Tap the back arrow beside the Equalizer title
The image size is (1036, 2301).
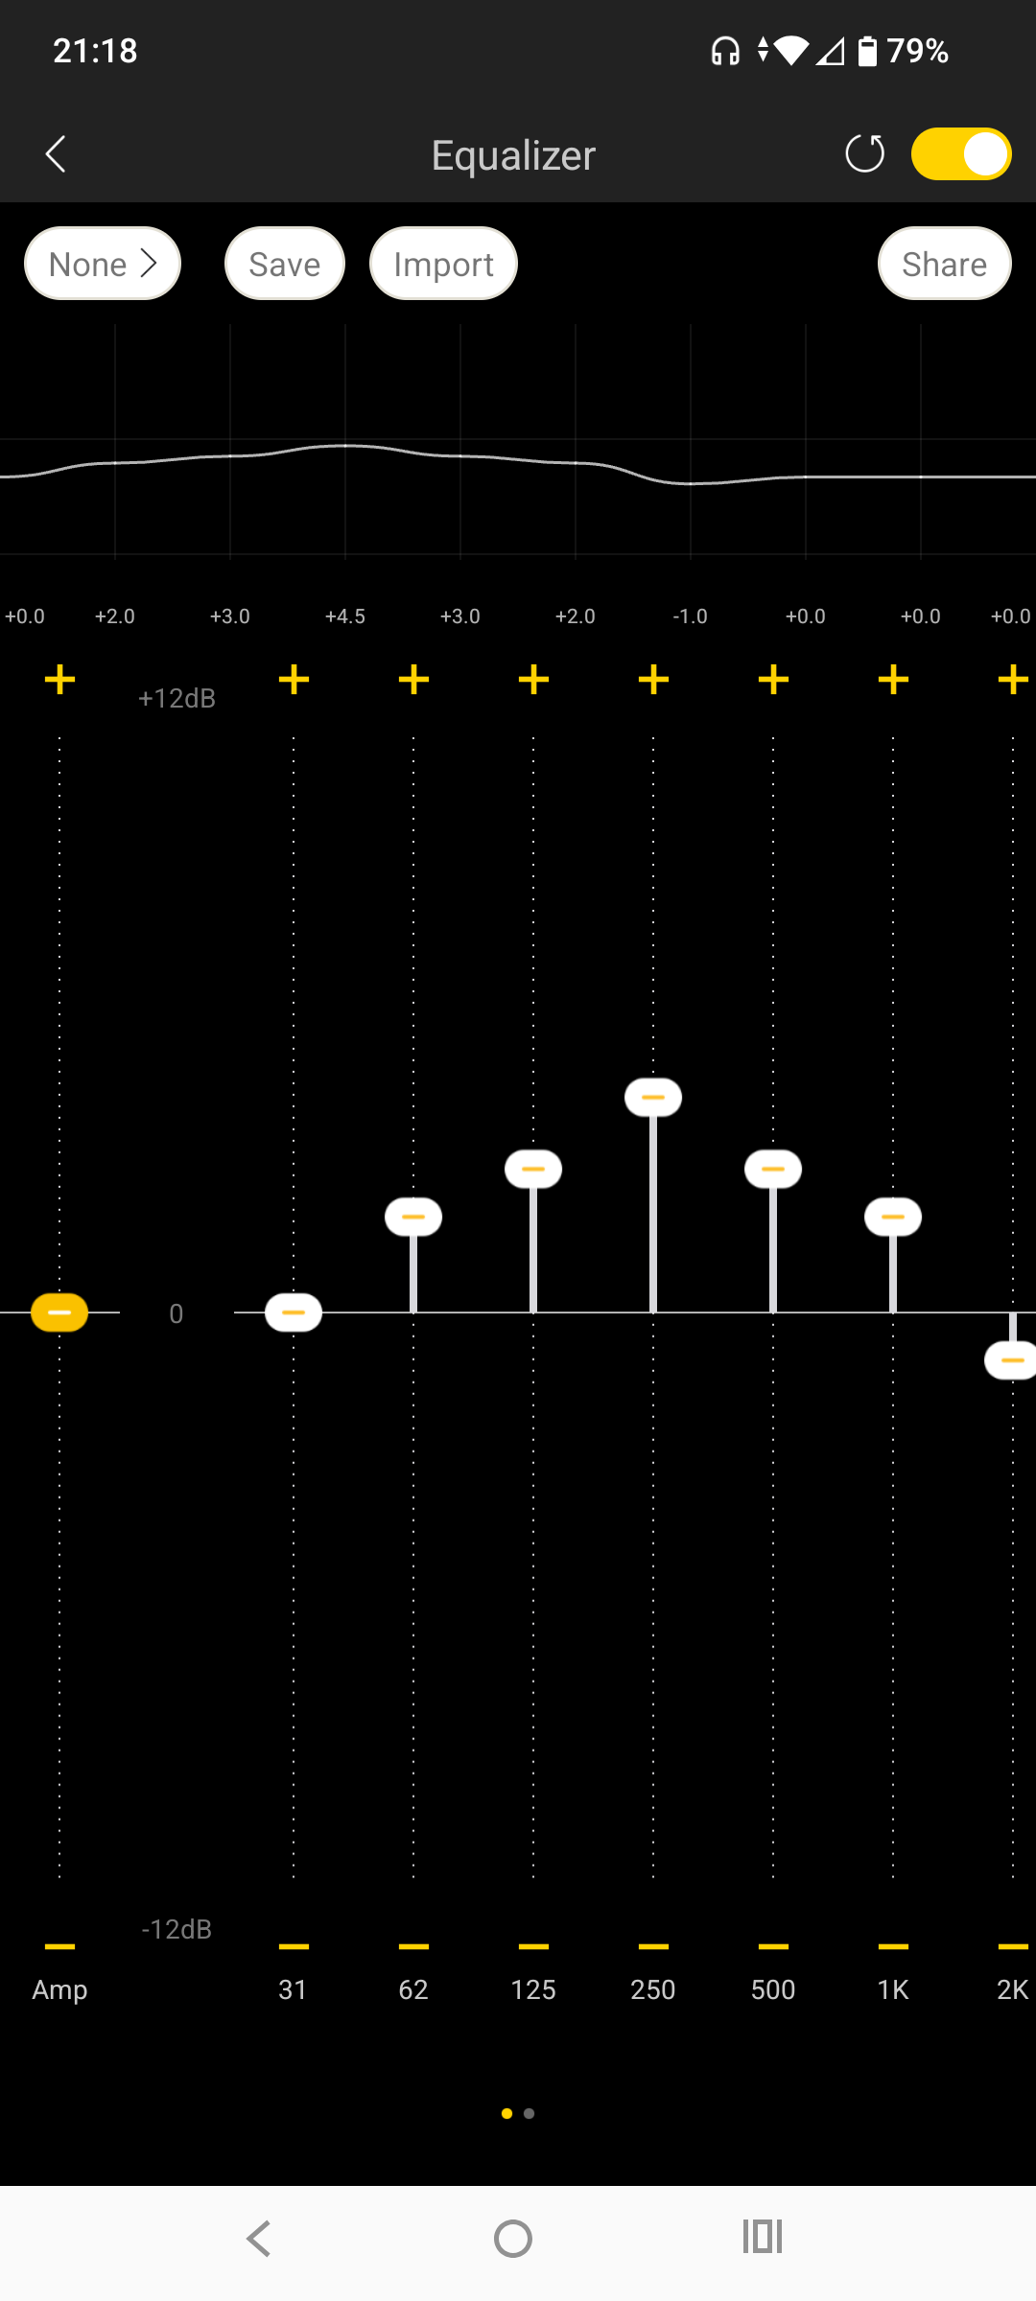pyautogui.click(x=56, y=154)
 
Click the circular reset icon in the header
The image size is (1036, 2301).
pyautogui.click(x=864, y=154)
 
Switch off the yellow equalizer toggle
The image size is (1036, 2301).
pyautogui.click(x=961, y=154)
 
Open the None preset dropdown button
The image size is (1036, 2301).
pyautogui.click(x=103, y=264)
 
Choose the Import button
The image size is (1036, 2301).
pyautogui.click(x=443, y=264)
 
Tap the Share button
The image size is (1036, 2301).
pyautogui.click(x=944, y=264)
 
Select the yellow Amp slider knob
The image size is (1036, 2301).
pyautogui.click(x=59, y=1313)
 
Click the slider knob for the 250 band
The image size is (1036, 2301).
pyautogui.click(x=653, y=1097)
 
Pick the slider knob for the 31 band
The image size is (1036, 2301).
pyautogui.click(x=294, y=1313)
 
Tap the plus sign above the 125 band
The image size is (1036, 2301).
pyautogui.click(x=533, y=680)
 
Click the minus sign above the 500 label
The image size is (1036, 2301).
pyautogui.click(x=773, y=1946)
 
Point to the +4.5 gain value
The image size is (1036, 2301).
pyautogui.click(x=345, y=616)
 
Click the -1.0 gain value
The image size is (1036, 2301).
pyautogui.click(x=691, y=616)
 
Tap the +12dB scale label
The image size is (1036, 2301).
pyautogui.click(x=177, y=699)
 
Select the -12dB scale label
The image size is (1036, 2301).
pyautogui.click(x=177, y=1929)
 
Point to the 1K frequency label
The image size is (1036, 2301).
pyautogui.click(x=893, y=1990)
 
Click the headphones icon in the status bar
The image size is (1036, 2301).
pyautogui.click(x=725, y=51)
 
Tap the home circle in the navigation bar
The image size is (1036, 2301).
pyautogui.click(x=513, y=2239)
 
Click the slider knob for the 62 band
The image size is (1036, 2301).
pyautogui.click(x=413, y=1217)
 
